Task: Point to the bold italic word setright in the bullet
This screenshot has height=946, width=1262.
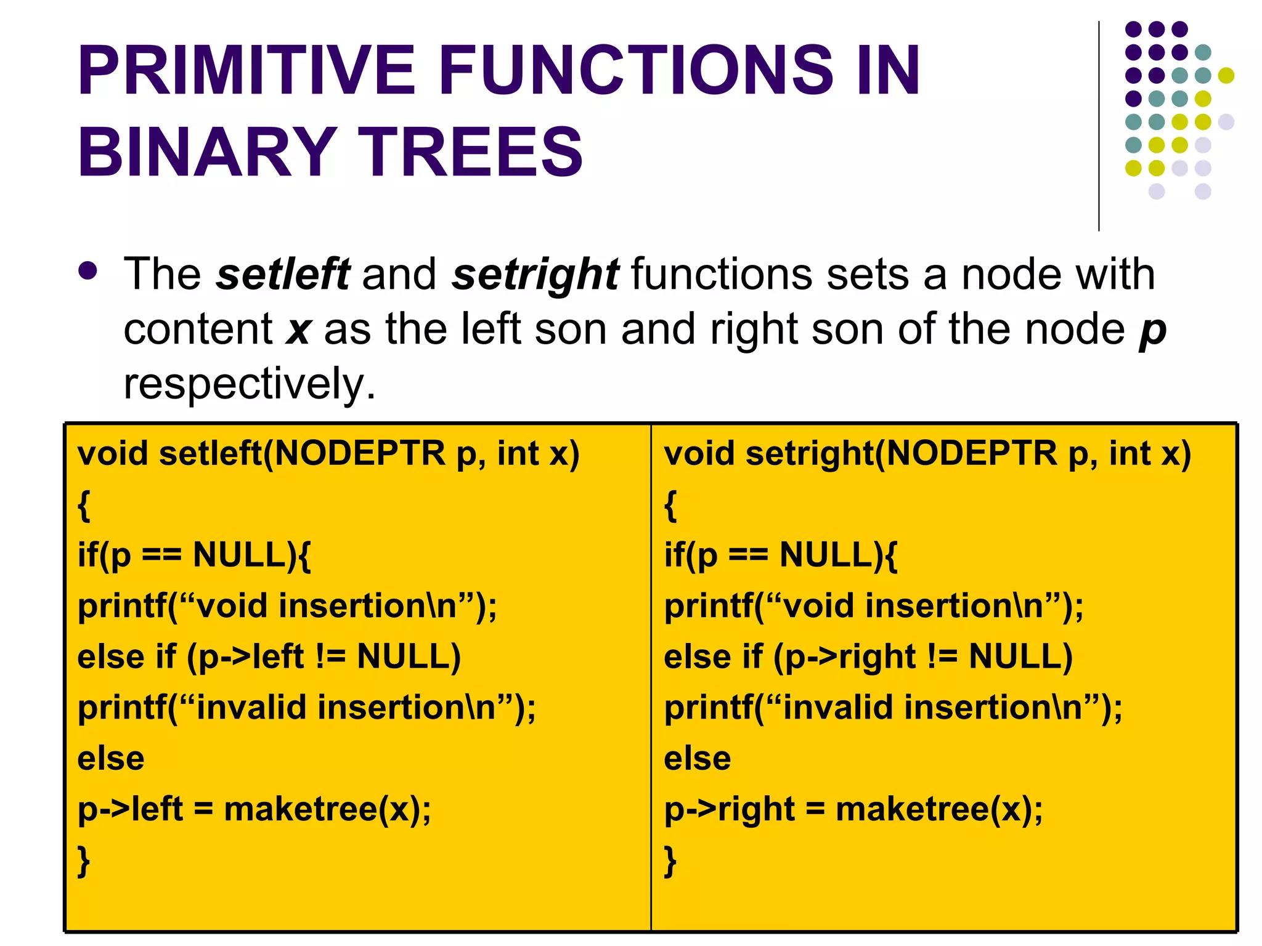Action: click(x=535, y=275)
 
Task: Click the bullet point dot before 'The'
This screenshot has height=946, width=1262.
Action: click(x=88, y=271)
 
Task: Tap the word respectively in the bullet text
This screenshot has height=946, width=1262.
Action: click(x=249, y=384)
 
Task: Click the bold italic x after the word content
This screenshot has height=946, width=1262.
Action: click(x=298, y=329)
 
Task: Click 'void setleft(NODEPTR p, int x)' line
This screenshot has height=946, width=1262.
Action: click(x=328, y=454)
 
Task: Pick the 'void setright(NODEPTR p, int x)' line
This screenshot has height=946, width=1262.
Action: click(x=927, y=454)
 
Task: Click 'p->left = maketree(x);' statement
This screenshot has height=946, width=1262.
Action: click(x=254, y=809)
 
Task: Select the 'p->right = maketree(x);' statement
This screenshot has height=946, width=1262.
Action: click(x=853, y=809)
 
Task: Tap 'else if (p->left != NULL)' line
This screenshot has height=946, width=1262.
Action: click(x=269, y=657)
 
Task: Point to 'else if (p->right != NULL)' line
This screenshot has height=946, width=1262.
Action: click(x=868, y=657)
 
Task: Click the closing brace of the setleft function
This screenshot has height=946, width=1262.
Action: click(x=84, y=860)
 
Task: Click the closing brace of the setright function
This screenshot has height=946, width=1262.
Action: click(x=670, y=860)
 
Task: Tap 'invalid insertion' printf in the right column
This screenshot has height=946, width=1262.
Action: click(x=893, y=708)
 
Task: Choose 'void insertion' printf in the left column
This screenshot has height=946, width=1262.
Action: click(x=287, y=606)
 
